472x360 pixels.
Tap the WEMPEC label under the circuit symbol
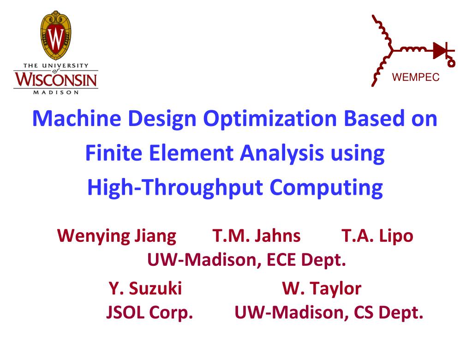click(x=416, y=78)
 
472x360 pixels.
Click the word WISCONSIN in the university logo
click(x=56, y=79)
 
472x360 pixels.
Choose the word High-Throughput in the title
click(x=176, y=188)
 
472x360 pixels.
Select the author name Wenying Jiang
click(x=117, y=236)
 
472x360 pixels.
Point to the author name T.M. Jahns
click(x=257, y=236)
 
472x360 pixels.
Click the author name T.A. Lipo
click(x=377, y=236)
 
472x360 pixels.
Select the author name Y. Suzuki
click(x=145, y=289)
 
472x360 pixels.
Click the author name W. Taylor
click(x=322, y=289)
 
